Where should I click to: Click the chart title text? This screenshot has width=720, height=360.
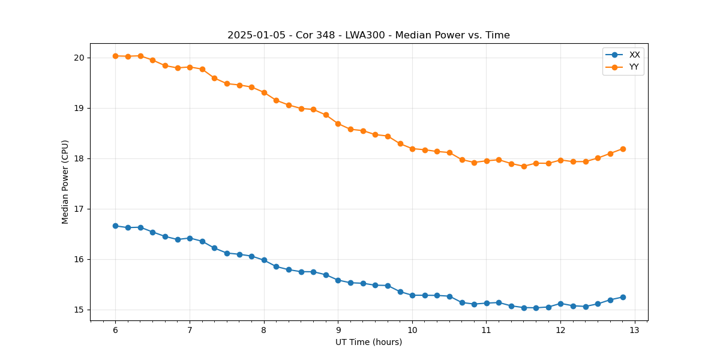coord(368,35)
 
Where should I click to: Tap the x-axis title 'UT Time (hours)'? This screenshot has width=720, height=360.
coord(368,342)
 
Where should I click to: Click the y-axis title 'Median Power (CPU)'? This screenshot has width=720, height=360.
coord(65,182)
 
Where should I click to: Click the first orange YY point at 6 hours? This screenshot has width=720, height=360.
coord(115,56)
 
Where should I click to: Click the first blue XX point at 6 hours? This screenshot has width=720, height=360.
coord(115,226)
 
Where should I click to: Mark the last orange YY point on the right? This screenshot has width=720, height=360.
coord(623,149)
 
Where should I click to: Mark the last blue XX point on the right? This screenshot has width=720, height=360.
coord(623,297)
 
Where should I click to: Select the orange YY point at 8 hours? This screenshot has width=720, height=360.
coord(264,92)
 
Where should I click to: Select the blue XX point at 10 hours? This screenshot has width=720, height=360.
coord(412,295)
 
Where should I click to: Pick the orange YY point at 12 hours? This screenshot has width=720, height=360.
coord(560,160)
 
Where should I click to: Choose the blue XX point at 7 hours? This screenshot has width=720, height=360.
coord(190,238)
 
